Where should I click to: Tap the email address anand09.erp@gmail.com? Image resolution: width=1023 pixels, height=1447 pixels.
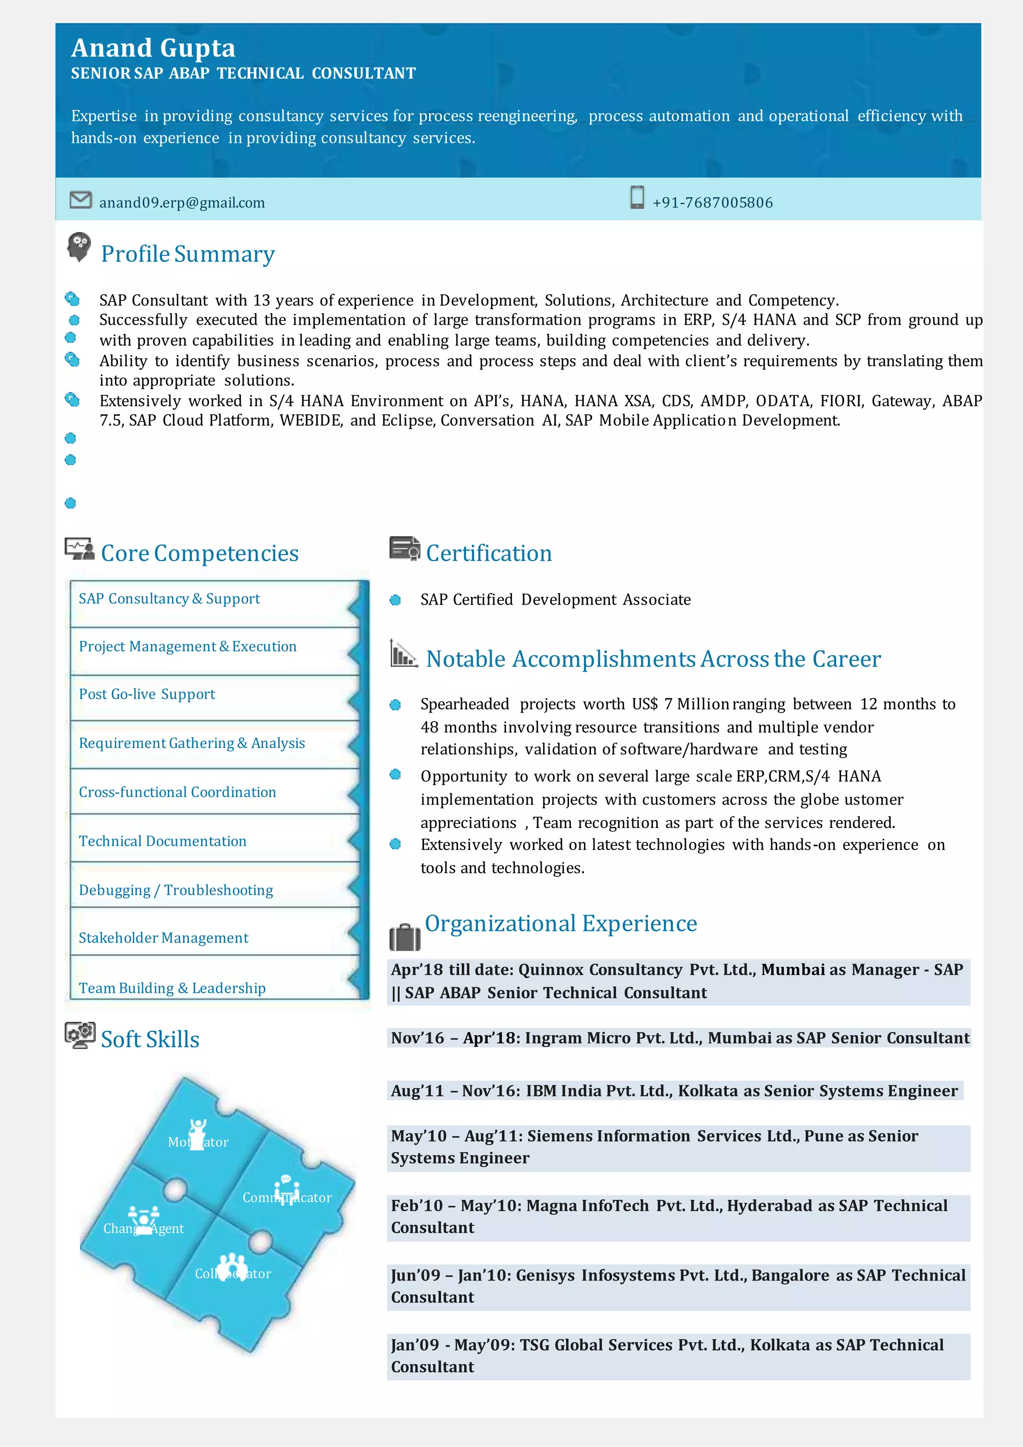click(181, 202)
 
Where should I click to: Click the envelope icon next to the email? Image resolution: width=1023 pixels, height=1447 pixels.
click(80, 200)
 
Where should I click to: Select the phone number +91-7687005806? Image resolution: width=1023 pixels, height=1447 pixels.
click(712, 202)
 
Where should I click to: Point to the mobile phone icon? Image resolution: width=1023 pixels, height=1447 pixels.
click(637, 197)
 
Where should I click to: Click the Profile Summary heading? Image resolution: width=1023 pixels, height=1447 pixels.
click(188, 254)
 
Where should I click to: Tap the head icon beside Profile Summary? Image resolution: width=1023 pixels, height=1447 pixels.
click(79, 246)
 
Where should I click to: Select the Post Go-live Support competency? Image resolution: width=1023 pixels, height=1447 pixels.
click(147, 694)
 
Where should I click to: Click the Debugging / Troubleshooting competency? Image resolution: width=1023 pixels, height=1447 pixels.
click(176, 890)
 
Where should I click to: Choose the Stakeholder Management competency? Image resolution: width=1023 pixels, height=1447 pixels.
click(163, 938)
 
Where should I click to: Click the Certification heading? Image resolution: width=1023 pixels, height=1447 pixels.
click(489, 553)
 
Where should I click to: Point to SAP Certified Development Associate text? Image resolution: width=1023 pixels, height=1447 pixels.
click(555, 600)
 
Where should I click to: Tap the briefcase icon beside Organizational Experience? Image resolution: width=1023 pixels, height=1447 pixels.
click(405, 937)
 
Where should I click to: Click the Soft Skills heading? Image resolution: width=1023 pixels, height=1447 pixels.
click(150, 1039)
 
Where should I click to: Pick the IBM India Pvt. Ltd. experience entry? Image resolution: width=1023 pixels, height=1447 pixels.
click(674, 1091)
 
